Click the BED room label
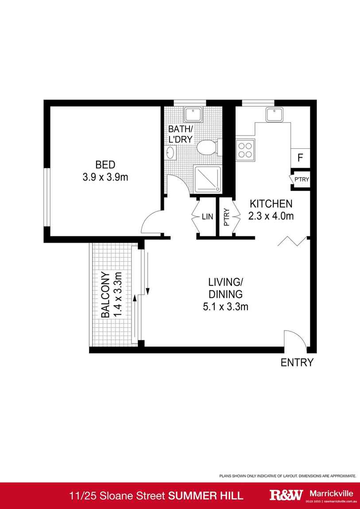(105, 165)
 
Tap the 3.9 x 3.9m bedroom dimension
(105, 177)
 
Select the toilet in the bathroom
(206, 147)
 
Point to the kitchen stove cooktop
(246, 150)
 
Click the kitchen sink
(275, 115)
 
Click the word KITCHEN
(271, 204)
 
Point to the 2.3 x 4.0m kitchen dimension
(271, 216)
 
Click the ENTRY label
(297, 363)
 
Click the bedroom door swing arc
(151, 221)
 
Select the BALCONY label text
(105, 295)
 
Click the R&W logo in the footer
(286, 495)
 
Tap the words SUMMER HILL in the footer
(206, 496)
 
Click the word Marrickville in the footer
(331, 493)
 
